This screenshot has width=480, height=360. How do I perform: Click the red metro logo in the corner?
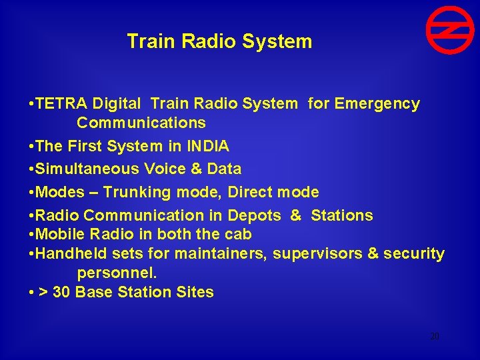(449, 30)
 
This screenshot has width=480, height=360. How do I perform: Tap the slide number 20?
(435, 337)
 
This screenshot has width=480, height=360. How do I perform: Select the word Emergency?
(377, 104)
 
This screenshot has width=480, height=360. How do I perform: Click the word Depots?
(255, 215)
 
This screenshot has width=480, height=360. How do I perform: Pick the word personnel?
(117, 273)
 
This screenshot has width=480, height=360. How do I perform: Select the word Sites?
(194, 292)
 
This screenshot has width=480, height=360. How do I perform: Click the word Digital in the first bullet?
(117, 104)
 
